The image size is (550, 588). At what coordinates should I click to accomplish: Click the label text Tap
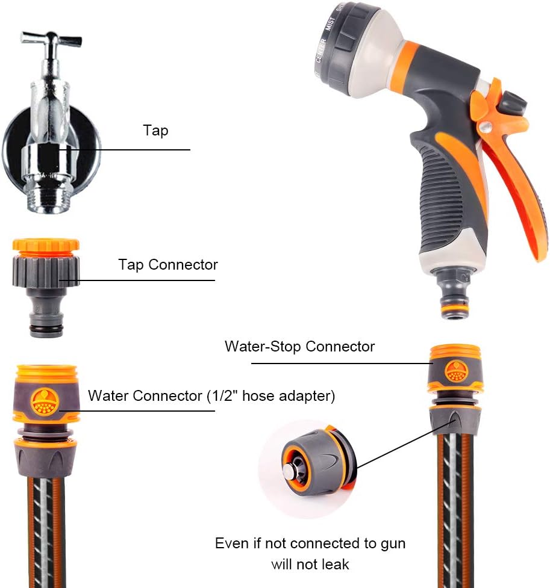pos(155,131)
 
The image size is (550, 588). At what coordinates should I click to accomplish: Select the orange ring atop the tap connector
pos(46,245)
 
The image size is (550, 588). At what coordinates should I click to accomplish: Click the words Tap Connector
pos(167,265)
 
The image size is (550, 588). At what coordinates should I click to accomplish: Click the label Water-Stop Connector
pos(299,347)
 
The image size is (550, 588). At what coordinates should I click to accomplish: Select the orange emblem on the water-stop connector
pos(455,371)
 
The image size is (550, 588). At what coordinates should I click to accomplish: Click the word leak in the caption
pos(335,564)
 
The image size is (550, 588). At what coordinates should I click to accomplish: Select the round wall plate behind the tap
pos(18,144)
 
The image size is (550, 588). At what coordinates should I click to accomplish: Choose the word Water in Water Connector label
pos(108,396)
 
